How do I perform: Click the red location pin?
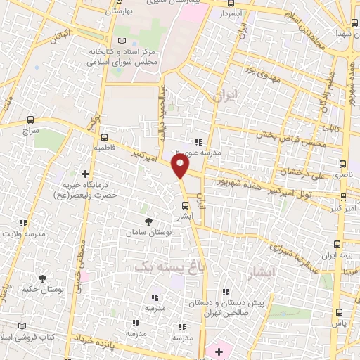tap(181, 167)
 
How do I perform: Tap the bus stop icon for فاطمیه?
tap(105, 138)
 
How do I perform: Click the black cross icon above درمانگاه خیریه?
tap(85, 173)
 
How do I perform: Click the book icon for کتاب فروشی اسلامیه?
tap(22, 326)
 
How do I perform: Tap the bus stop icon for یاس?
tap(340, 311)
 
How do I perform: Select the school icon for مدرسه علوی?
tap(199, 141)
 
